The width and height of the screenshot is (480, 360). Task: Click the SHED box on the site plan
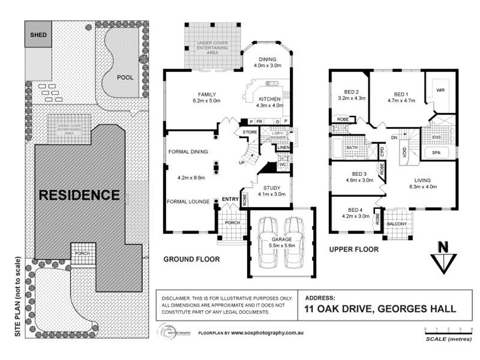coord(39,35)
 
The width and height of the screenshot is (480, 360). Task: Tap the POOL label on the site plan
coord(125,77)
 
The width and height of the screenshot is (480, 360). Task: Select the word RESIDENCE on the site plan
coord(79,195)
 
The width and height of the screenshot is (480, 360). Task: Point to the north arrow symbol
coord(443,257)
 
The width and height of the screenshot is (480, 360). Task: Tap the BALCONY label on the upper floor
coord(397,224)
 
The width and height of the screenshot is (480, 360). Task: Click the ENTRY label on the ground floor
coord(230,199)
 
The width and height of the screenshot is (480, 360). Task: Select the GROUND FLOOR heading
coord(192,260)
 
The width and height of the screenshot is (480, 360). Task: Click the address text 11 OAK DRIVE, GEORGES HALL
coord(380,310)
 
